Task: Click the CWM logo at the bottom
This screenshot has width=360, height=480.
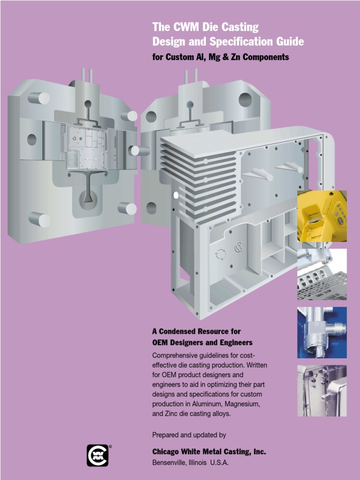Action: pos(97,455)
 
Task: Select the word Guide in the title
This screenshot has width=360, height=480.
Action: pos(290,42)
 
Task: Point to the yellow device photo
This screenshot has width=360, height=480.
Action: pos(322,216)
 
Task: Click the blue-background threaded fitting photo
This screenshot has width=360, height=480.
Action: pos(322,332)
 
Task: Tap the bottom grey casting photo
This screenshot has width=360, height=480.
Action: pos(322,390)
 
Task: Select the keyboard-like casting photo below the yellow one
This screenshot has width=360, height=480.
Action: pos(322,274)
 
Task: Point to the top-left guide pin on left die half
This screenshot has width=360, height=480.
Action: pos(40,98)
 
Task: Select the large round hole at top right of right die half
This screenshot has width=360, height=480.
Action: pos(245,99)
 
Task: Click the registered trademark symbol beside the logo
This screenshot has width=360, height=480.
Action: pos(111,447)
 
